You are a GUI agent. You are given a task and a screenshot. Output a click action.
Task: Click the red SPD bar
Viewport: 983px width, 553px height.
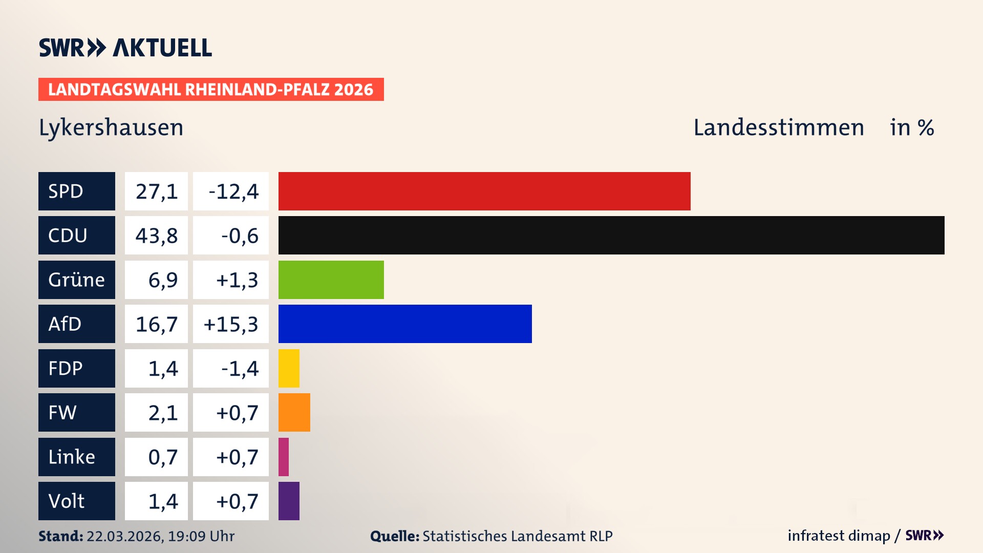click(484, 191)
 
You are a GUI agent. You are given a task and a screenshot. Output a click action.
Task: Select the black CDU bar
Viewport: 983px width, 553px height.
click(611, 235)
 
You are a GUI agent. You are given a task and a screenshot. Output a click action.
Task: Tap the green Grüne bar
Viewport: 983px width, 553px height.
click(331, 280)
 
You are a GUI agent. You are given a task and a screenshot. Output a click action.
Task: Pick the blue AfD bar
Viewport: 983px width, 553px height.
click(405, 324)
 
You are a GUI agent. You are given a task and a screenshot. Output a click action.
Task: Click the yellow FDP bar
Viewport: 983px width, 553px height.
click(289, 368)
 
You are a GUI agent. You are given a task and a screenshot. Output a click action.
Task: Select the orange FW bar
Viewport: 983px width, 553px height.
click(294, 412)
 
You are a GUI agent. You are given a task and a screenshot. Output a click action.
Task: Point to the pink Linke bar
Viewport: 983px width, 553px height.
click(284, 457)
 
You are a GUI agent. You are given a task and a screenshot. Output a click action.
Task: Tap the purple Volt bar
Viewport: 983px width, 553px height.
click(289, 501)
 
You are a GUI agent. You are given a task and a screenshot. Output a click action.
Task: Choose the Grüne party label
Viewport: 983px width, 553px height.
click(77, 280)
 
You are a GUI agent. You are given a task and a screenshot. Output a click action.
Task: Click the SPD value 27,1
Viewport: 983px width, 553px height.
click(156, 191)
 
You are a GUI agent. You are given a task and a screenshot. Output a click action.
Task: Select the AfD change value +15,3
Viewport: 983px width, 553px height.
click(231, 324)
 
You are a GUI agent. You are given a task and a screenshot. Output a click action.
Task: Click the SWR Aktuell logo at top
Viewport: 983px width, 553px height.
click(125, 48)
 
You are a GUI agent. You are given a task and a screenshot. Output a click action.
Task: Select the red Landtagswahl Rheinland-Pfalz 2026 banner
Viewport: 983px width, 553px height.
click(211, 89)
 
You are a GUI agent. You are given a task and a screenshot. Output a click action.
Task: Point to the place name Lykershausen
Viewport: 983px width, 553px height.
click(111, 127)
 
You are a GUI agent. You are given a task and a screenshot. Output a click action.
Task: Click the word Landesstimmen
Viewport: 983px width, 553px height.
click(778, 127)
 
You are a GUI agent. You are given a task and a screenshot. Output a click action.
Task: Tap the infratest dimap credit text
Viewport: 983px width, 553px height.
click(839, 536)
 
